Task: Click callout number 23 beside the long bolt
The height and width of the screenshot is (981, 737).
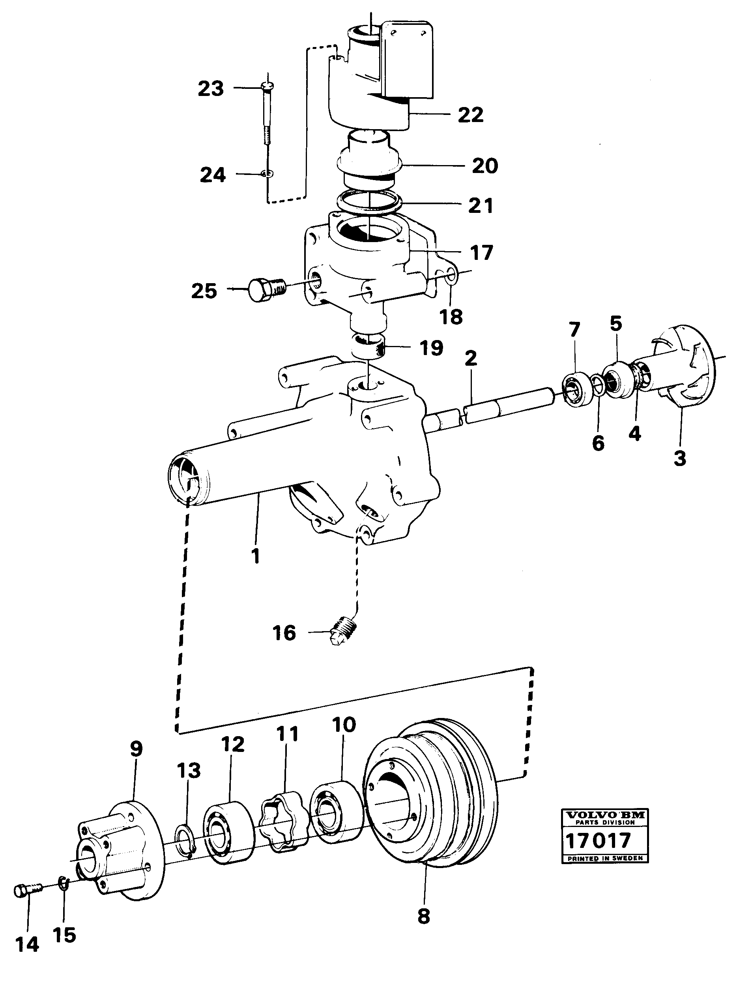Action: click(x=211, y=89)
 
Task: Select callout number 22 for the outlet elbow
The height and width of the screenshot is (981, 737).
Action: click(x=470, y=115)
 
